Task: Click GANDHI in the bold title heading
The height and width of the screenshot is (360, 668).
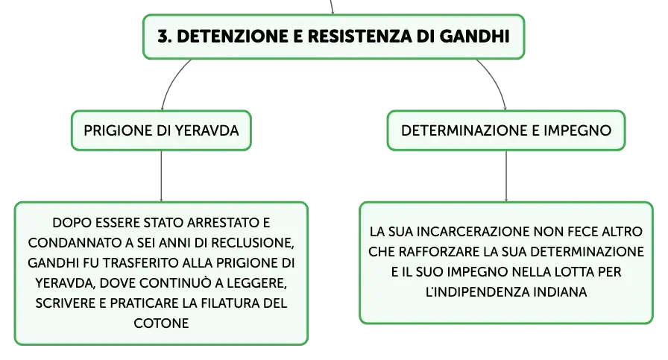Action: (474, 37)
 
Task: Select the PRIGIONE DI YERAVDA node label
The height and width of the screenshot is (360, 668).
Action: (161, 130)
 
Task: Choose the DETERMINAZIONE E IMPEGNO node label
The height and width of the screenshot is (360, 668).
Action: (506, 130)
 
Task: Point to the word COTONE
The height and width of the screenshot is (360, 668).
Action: (161, 323)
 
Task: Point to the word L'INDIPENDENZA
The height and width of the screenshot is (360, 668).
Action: (477, 292)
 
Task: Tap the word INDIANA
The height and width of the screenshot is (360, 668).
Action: (560, 292)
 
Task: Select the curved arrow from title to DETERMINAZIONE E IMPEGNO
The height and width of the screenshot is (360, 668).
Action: (496, 81)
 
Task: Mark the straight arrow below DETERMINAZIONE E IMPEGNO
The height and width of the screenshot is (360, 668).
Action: (506, 176)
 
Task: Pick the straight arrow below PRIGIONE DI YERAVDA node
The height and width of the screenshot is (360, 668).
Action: (161, 176)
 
